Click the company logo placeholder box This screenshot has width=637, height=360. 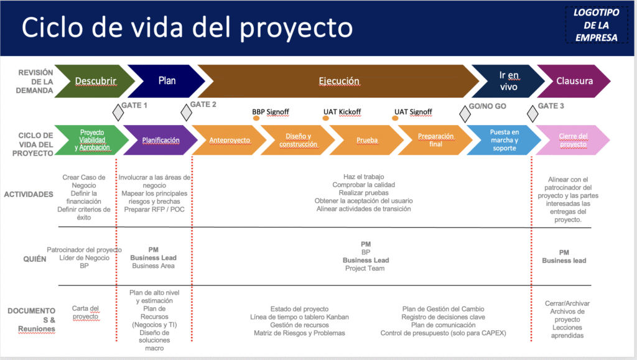[597, 25]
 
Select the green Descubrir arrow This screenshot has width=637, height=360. [95, 81]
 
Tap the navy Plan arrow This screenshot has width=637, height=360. [167, 81]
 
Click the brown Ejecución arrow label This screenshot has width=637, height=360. [339, 81]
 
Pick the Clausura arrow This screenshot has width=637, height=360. [574, 81]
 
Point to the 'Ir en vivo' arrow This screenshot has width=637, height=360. [508, 81]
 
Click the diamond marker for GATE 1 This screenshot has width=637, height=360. [118, 113]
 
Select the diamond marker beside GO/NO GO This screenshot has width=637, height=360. [465, 114]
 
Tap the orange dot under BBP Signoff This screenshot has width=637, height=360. [256, 118]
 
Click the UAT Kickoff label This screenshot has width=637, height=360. [342, 112]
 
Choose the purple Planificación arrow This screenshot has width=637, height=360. [160, 140]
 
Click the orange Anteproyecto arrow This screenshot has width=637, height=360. [229, 140]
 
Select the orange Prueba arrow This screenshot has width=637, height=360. [366, 140]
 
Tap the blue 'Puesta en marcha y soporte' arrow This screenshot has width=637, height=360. [504, 140]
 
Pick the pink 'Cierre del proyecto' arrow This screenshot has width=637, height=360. [572, 140]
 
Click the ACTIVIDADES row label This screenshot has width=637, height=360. [29, 195]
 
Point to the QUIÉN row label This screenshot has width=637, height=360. [35, 259]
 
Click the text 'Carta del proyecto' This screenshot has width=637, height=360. [85, 313]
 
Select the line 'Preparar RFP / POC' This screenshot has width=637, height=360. [154, 210]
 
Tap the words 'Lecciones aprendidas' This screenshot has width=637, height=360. [567, 331]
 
